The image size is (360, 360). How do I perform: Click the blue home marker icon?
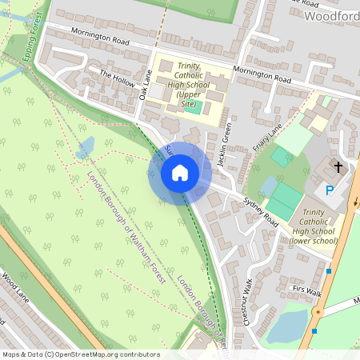pos(180,172)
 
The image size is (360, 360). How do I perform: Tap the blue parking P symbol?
pos(329,191)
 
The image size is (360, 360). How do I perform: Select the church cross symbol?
pos(338,167)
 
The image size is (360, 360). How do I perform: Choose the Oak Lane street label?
pos(146,83)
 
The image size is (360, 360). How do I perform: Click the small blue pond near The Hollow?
pos(86,146)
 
